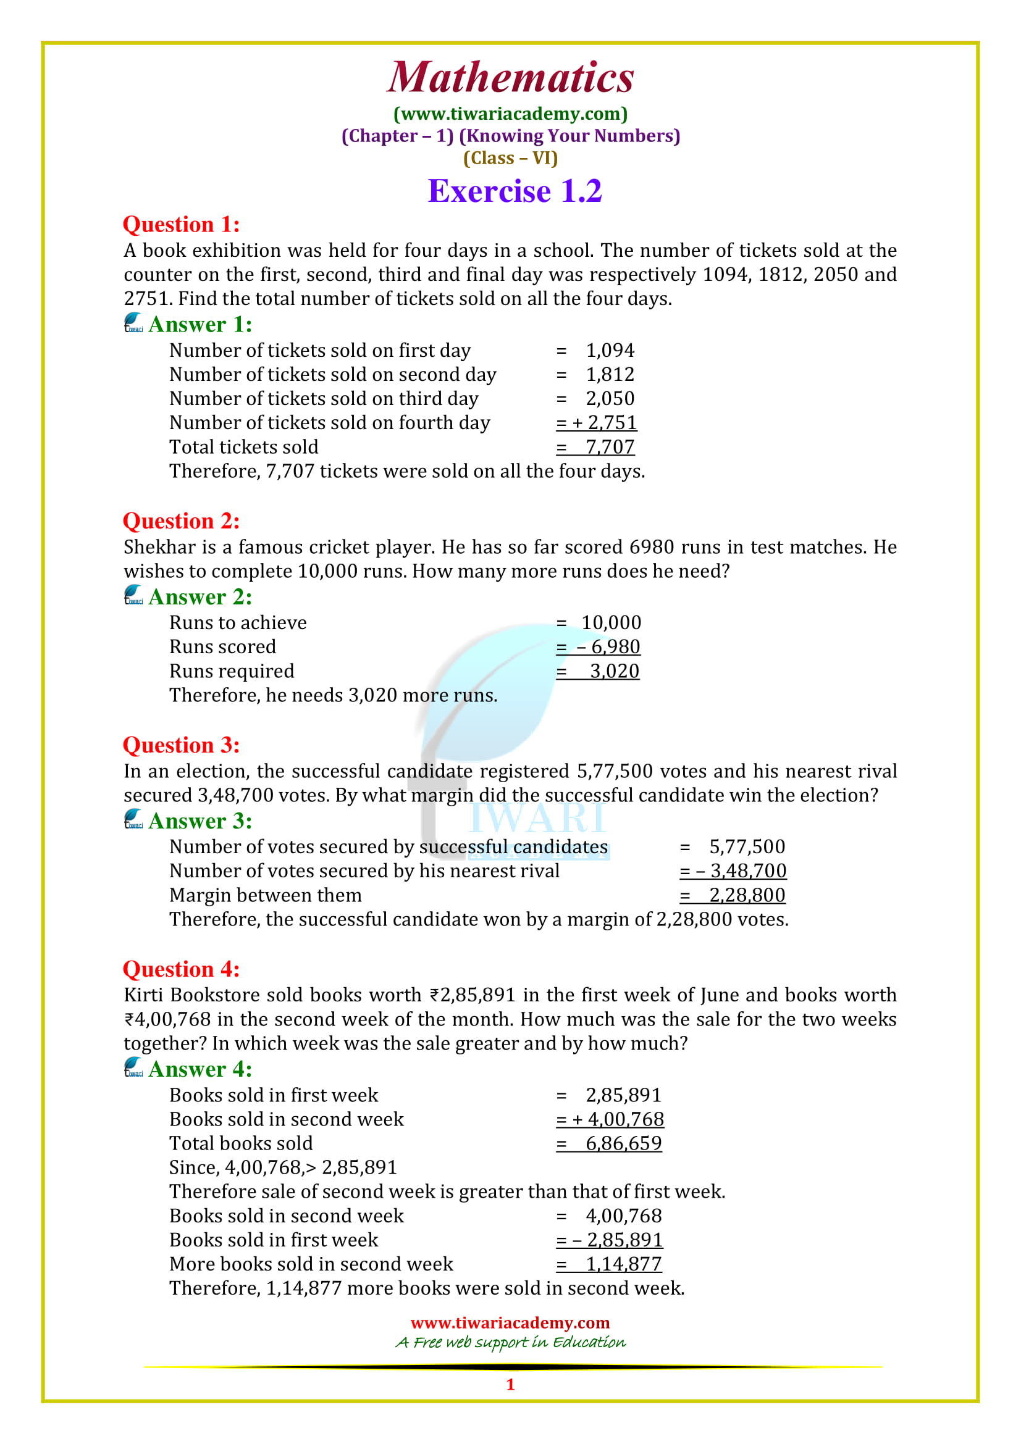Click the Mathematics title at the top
pyautogui.click(x=510, y=77)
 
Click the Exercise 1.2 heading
pyautogui.click(x=515, y=191)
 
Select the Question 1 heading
pyautogui.click(x=181, y=225)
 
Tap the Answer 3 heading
pyautogui.click(x=200, y=820)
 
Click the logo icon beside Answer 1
pyautogui.click(x=133, y=323)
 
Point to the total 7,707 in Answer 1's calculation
pyautogui.click(x=610, y=447)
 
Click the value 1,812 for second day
pyautogui.click(x=610, y=375)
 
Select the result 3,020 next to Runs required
pyautogui.click(x=614, y=671)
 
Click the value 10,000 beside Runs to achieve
pyautogui.click(x=611, y=623)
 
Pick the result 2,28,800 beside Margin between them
pyautogui.click(x=747, y=895)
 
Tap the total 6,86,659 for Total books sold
pyautogui.click(x=623, y=1143)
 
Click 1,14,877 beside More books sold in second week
pyautogui.click(x=623, y=1264)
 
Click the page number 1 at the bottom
pyautogui.click(x=510, y=1384)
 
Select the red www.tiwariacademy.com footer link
pyautogui.click(x=510, y=1322)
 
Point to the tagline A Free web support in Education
pyautogui.click(x=510, y=1342)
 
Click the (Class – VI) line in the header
pyautogui.click(x=510, y=158)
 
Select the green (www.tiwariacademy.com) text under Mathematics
pyautogui.click(x=510, y=114)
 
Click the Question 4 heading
pyautogui.click(x=181, y=969)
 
